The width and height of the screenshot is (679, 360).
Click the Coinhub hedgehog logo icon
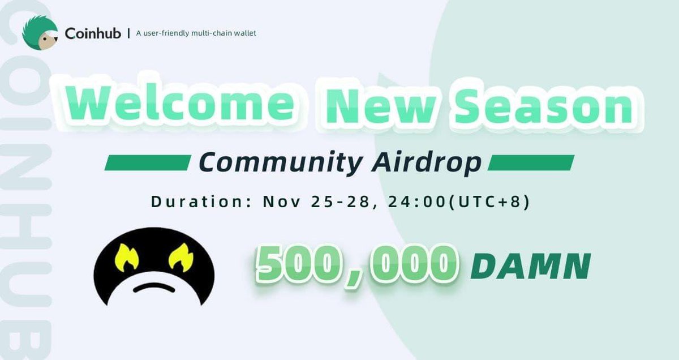(x=40, y=33)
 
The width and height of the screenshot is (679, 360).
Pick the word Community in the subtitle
(x=280, y=163)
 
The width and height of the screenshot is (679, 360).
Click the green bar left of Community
(x=147, y=163)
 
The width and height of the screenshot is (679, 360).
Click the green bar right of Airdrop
(x=531, y=163)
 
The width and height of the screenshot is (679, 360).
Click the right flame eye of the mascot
(x=181, y=258)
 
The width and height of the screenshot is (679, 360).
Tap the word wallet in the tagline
(x=244, y=33)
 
